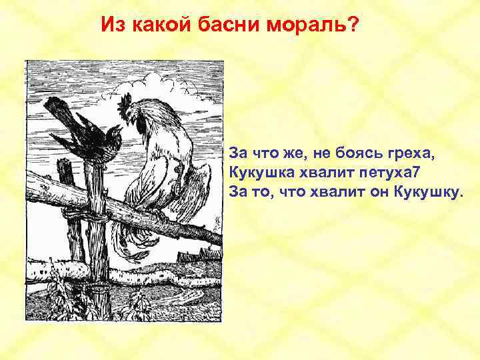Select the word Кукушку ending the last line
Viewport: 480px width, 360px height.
click(x=427, y=193)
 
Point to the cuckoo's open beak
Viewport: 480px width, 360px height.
click(x=117, y=128)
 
